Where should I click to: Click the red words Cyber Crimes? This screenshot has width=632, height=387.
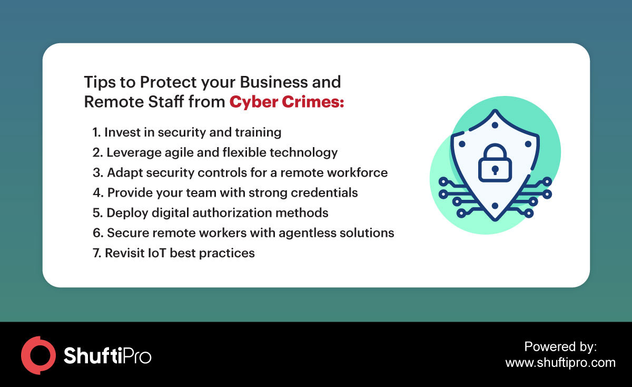pyautogui.click(x=287, y=102)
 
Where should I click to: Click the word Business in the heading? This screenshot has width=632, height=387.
pyautogui.click(x=273, y=82)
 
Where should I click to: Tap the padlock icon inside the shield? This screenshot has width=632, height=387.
pyautogui.click(x=495, y=163)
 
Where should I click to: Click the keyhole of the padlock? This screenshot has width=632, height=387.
pyautogui.click(x=495, y=170)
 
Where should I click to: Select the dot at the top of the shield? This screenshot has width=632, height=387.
pyautogui.click(x=495, y=125)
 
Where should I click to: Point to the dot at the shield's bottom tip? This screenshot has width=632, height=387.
pyautogui.click(x=495, y=206)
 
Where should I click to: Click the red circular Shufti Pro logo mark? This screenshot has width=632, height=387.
pyautogui.click(x=38, y=355)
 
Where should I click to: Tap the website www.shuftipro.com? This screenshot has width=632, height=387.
pyautogui.click(x=560, y=362)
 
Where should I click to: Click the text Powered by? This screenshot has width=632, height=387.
pyautogui.click(x=560, y=346)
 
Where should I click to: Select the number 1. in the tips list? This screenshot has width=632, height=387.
pyautogui.click(x=96, y=132)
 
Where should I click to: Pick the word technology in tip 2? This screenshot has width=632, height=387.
pyautogui.click(x=303, y=153)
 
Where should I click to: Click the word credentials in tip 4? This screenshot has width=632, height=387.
pyautogui.click(x=324, y=192)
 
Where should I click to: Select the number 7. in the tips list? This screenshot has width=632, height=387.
pyautogui.click(x=97, y=253)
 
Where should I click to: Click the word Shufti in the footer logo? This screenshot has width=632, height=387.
pyautogui.click(x=93, y=355)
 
